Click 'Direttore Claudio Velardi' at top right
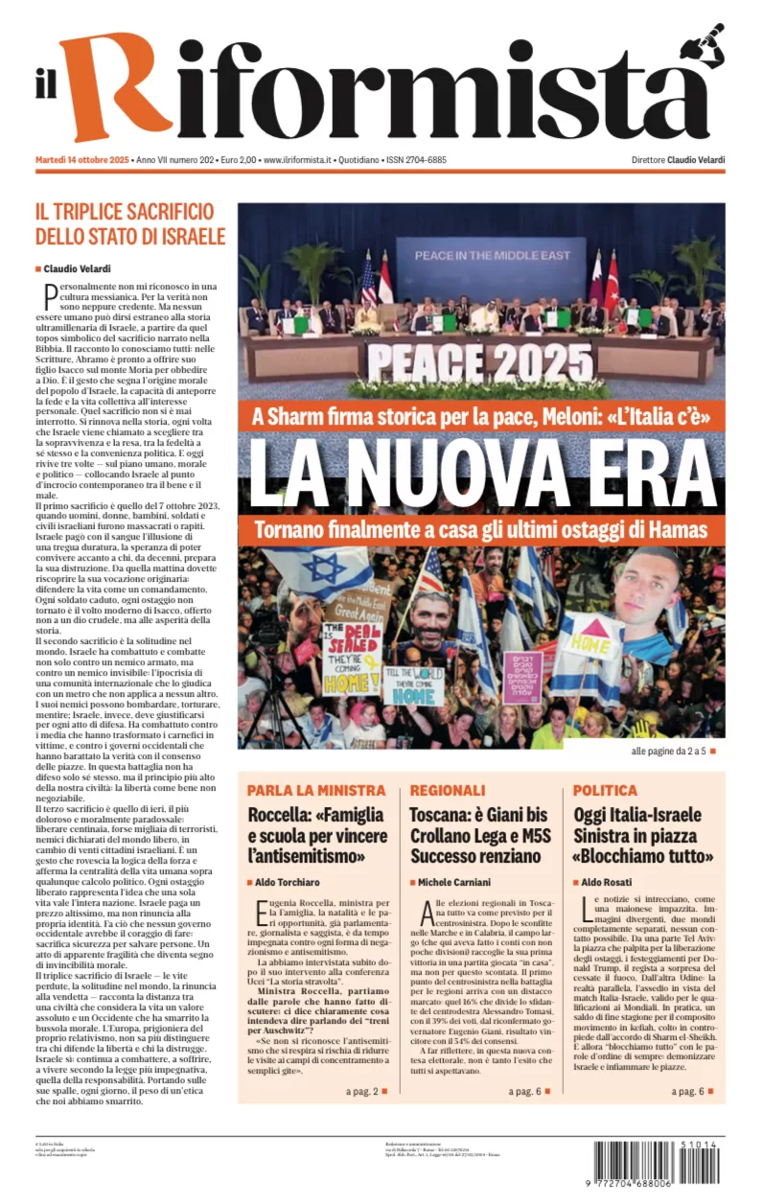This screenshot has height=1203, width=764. coord(678,160)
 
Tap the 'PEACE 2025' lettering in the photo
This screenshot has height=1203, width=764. coord(479,363)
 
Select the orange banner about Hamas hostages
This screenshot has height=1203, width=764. coord(481,528)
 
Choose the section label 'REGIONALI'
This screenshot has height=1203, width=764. coord(448,791)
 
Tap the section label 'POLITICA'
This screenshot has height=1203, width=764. coord(605,791)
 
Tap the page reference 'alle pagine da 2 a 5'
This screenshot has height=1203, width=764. coord(668,751)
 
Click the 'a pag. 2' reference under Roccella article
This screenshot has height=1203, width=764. coord(360,1091)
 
